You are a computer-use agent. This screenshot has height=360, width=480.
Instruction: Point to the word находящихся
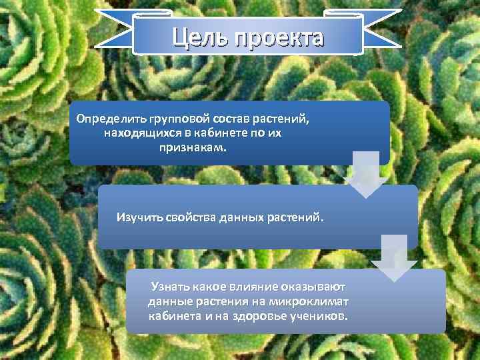tap(137, 133)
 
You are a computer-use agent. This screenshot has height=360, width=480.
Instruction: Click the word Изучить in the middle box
tap(138, 217)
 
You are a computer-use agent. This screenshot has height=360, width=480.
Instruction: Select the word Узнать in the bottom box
tap(170, 287)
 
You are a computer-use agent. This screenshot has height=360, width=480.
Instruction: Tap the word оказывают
tap(313, 287)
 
